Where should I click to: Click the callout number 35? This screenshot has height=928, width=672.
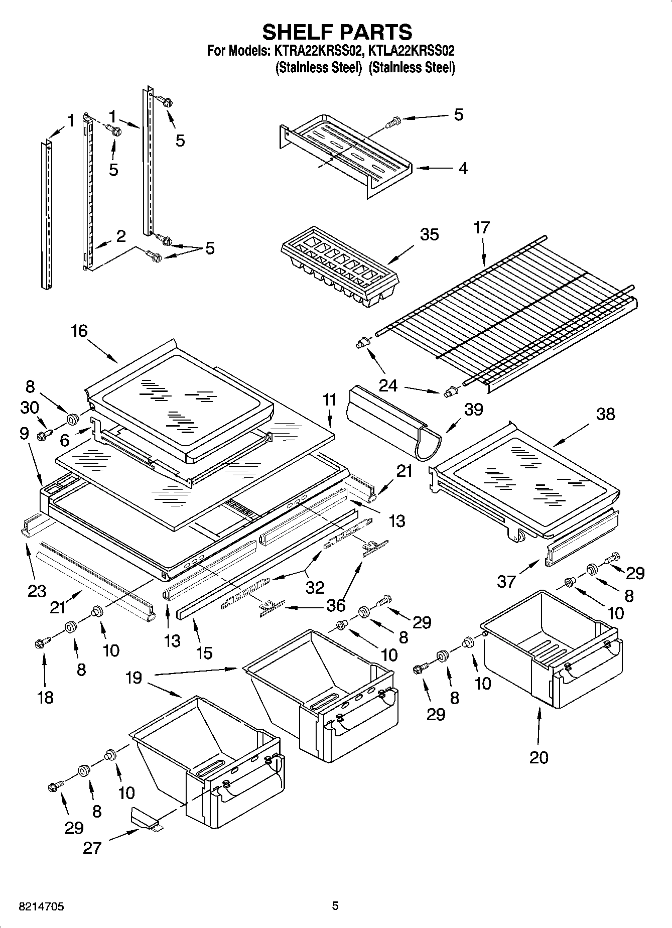click(429, 235)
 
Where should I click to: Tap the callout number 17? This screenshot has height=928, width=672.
click(481, 228)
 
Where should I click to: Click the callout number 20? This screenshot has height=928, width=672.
click(539, 757)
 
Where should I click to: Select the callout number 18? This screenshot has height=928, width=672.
click(45, 697)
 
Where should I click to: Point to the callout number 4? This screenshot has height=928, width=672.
click(463, 168)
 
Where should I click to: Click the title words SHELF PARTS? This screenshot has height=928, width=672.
click(337, 32)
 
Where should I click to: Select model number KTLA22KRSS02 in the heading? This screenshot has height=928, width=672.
click(412, 51)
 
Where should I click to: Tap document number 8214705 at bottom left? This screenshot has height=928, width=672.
click(34, 906)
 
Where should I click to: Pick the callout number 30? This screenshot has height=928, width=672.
click(30, 408)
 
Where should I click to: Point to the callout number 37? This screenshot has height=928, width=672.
click(506, 581)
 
